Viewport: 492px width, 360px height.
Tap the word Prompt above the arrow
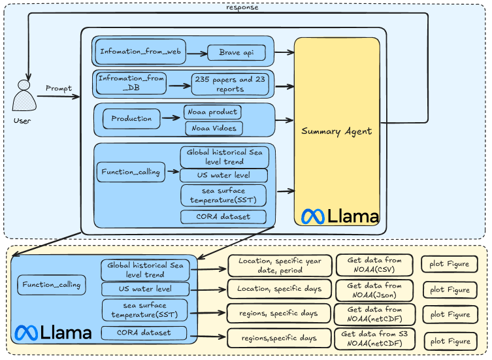(x=58, y=88)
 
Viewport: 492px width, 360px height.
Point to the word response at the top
(x=242, y=7)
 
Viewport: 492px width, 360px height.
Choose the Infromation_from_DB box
(x=131, y=82)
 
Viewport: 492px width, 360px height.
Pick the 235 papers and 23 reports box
(x=231, y=84)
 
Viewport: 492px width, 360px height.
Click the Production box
(x=131, y=119)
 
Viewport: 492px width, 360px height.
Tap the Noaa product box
(x=212, y=112)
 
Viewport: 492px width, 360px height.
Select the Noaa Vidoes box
(x=212, y=128)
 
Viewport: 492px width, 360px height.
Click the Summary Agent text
(x=336, y=131)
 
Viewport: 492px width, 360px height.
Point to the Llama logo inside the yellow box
(x=340, y=216)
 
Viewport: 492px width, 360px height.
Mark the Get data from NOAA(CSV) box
(x=374, y=265)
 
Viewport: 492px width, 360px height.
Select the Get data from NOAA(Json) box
(x=374, y=290)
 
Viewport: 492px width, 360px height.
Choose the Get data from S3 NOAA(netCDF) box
(x=374, y=338)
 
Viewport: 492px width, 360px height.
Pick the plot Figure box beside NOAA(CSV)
(x=450, y=265)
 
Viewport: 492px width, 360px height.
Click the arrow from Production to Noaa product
(x=171, y=118)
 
